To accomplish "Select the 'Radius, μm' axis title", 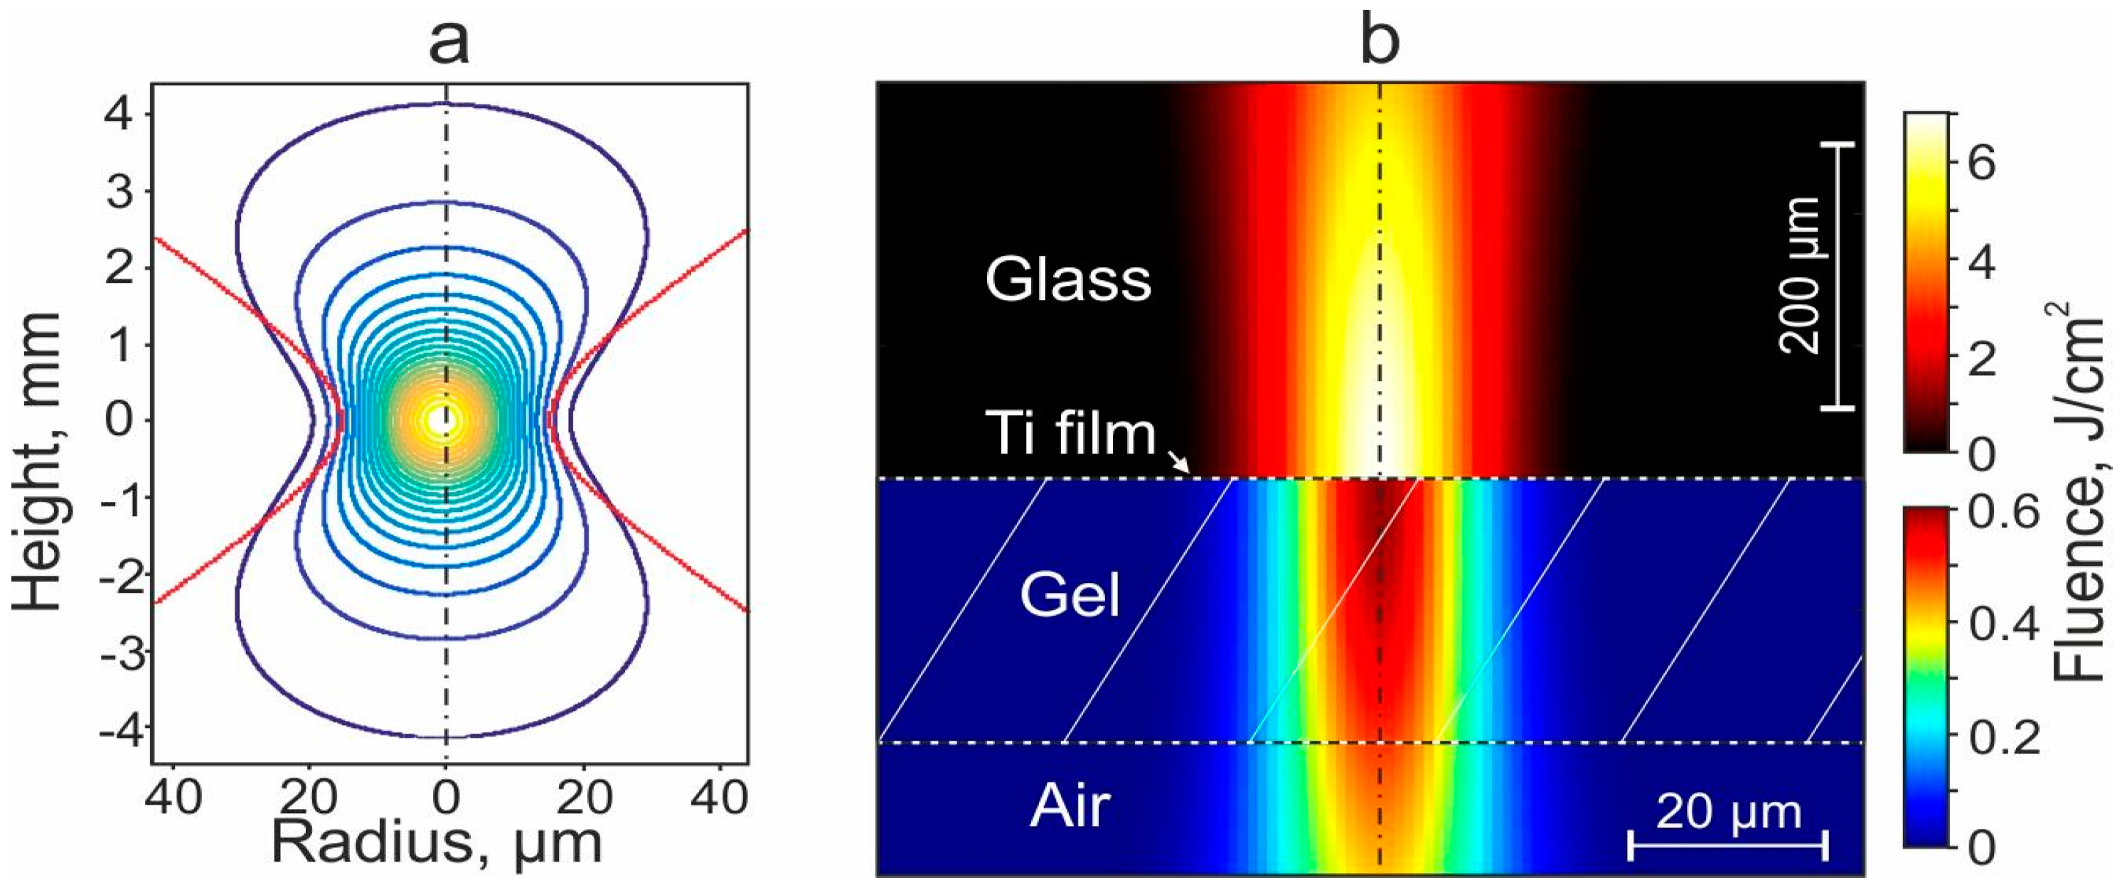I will point(437,844).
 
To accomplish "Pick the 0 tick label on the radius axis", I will point(446,797).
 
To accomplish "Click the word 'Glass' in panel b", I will point(1067,279).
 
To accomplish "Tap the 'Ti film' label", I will point(1071,434).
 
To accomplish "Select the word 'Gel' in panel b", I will point(1070,594).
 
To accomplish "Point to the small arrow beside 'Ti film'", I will point(1180,463).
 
